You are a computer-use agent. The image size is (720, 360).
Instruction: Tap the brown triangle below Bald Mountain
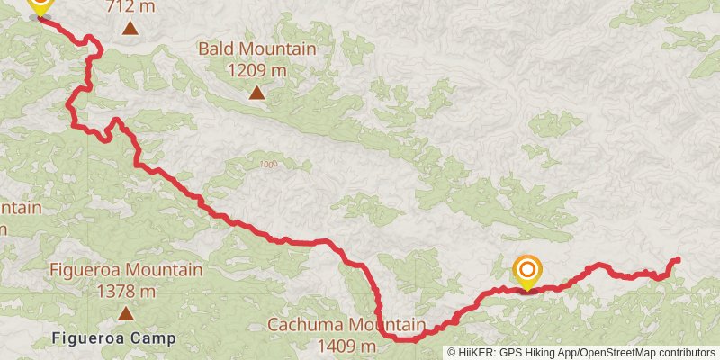pyautogui.click(x=257, y=92)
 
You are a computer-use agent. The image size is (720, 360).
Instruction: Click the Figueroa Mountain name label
pyautogui.click(x=126, y=270)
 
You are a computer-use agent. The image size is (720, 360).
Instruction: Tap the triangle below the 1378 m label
pyautogui.click(x=126, y=313)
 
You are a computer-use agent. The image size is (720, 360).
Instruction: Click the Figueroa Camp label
pyautogui.click(x=112, y=339)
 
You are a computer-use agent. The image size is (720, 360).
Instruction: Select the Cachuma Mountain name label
pyautogui.click(x=346, y=325)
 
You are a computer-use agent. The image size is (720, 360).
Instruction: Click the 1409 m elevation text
pyautogui.click(x=346, y=346)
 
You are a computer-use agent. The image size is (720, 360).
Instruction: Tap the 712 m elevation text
pyautogui.click(x=130, y=7)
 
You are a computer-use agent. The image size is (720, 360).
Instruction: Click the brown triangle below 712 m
pyautogui.click(x=130, y=28)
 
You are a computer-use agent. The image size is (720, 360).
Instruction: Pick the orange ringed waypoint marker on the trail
pyautogui.click(x=527, y=271)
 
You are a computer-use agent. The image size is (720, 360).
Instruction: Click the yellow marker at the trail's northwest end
pyautogui.click(x=40, y=5)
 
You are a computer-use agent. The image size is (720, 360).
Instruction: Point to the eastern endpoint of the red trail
pyautogui.click(x=677, y=260)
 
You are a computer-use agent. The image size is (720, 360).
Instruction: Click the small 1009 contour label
pyautogui.click(x=267, y=164)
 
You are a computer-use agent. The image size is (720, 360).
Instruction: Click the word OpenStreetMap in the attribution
pyautogui.click(x=613, y=352)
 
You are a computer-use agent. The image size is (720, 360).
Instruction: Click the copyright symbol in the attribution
pyautogui.click(x=453, y=352)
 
